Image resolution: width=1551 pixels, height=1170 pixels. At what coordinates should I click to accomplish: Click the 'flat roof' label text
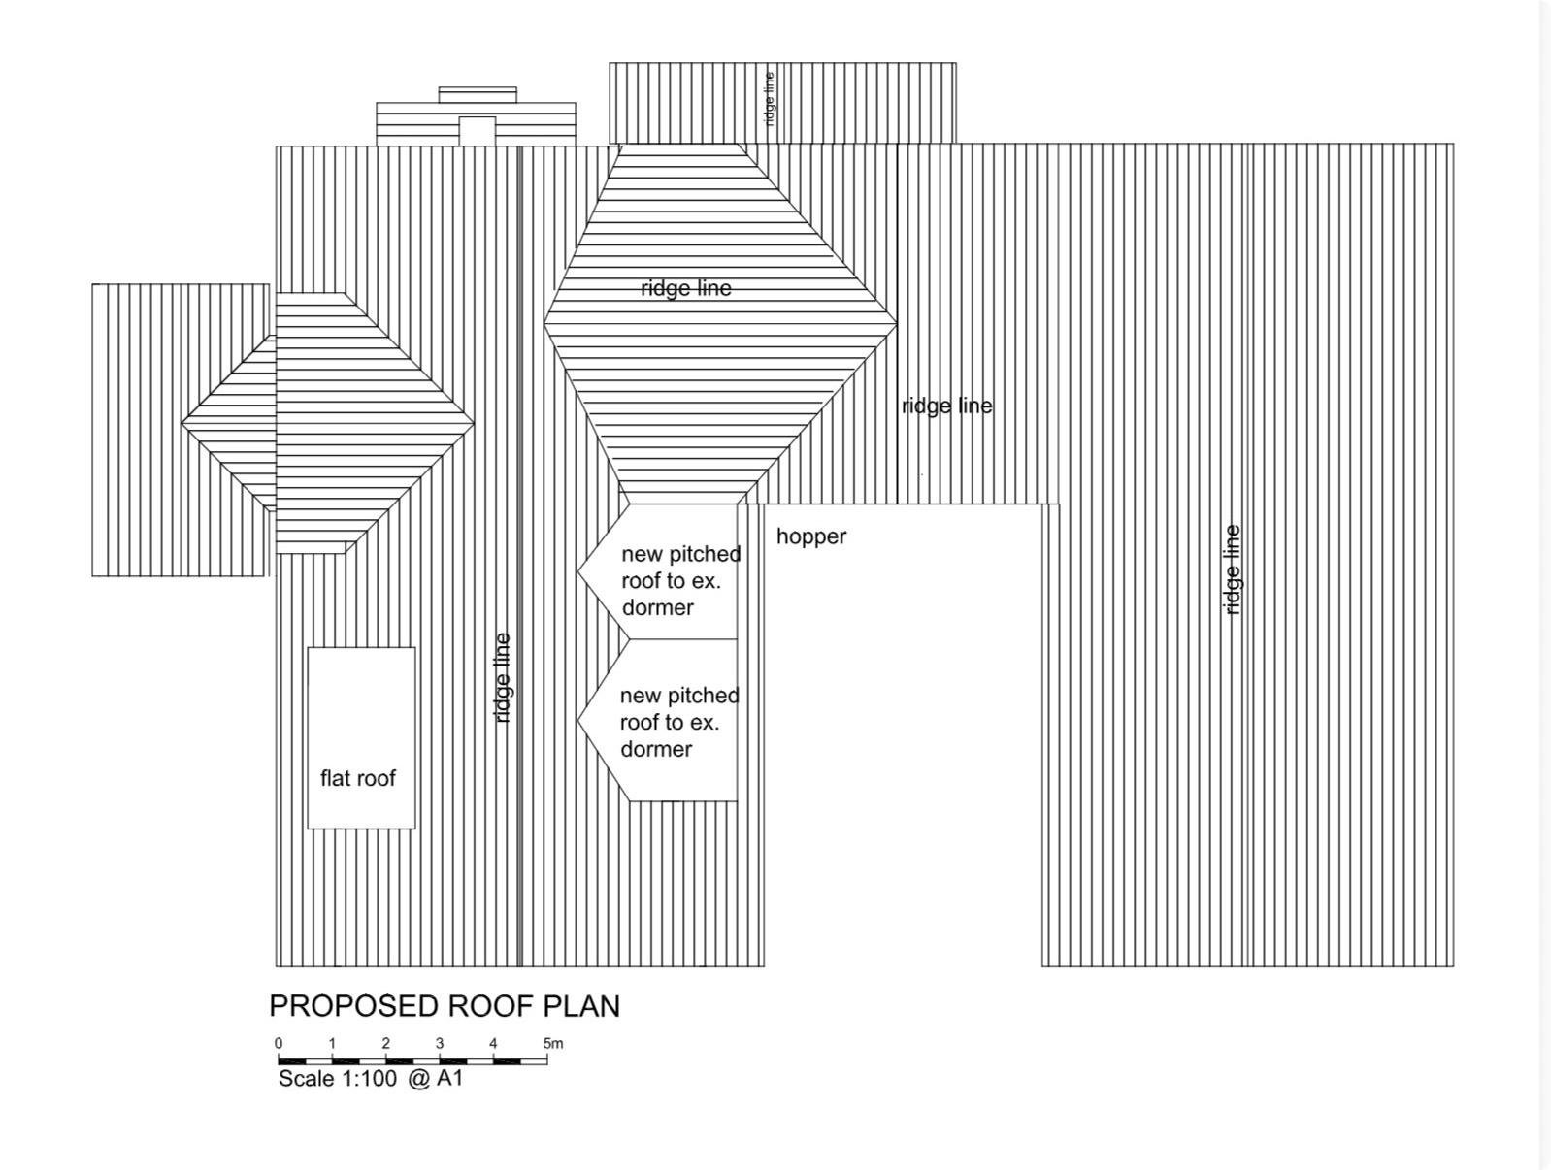[x=357, y=778]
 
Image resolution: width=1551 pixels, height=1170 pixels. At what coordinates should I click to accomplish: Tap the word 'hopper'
[x=811, y=537]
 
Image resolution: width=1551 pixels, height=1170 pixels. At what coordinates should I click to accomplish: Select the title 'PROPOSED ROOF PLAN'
[x=445, y=1006]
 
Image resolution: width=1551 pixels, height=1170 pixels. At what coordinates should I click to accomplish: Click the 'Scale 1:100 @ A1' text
[x=370, y=1078]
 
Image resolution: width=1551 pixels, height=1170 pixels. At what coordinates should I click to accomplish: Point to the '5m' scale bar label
[x=553, y=1043]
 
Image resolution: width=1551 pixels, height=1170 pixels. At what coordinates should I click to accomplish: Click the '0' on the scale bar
[x=279, y=1043]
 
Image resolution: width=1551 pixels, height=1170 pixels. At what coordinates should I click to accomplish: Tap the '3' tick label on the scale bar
[x=440, y=1043]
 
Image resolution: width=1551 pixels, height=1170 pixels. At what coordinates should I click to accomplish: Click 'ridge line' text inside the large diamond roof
[x=685, y=289]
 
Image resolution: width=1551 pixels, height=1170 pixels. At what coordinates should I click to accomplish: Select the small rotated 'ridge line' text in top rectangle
[x=770, y=99]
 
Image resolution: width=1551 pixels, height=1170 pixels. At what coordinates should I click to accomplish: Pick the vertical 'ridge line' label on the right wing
[x=1232, y=569]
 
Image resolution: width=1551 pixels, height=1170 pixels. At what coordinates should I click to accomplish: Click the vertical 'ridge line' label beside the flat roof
[x=502, y=678]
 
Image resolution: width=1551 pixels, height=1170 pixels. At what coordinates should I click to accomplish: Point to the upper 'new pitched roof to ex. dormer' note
[x=681, y=580]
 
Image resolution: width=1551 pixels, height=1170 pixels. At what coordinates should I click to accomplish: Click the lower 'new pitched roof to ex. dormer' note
[x=679, y=722]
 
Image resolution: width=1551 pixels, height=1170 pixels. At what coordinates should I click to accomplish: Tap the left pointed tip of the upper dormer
[x=577, y=572]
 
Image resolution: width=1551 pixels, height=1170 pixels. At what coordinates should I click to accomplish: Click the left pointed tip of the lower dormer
[x=577, y=720]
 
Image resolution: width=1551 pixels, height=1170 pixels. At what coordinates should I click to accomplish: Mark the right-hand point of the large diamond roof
[x=898, y=324]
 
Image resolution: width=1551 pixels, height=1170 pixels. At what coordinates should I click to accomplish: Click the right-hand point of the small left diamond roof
[x=475, y=423]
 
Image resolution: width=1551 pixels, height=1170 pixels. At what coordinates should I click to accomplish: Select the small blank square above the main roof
[x=477, y=131]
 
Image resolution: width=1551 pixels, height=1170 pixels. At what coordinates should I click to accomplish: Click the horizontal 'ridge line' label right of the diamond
[x=947, y=406]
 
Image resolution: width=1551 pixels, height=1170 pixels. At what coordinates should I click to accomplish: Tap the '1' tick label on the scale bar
[x=332, y=1043]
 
